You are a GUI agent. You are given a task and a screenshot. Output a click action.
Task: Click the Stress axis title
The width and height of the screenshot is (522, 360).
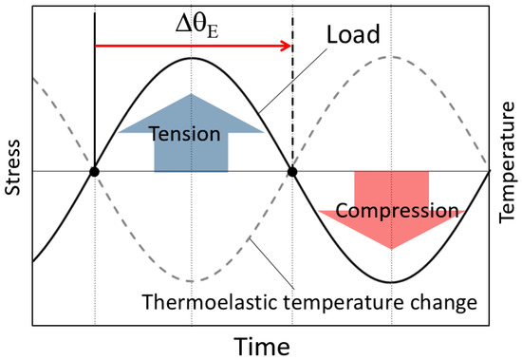click(12, 172)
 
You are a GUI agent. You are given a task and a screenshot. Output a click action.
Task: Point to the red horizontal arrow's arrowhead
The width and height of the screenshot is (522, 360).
click(285, 45)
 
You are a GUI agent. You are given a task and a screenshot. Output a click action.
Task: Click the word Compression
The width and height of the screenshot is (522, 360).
click(391, 210)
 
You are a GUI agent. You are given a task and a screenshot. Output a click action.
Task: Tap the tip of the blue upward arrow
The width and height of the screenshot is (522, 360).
click(192, 95)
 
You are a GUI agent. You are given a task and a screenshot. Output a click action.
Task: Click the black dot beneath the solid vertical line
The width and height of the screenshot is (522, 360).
click(94, 172)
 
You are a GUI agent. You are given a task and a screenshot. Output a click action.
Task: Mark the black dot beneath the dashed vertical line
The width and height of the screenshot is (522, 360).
click(292, 172)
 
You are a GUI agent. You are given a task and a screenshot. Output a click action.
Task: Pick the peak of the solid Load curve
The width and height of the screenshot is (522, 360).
click(193, 58)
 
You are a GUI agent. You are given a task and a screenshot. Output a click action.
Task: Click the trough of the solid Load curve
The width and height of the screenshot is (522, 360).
click(390, 282)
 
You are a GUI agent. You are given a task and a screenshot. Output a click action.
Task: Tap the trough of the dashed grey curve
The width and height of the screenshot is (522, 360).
click(193, 281)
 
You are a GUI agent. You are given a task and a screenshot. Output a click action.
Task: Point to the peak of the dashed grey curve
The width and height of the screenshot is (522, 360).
click(389, 58)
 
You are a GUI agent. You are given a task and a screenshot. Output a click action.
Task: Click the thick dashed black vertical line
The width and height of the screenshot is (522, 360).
click(292, 104)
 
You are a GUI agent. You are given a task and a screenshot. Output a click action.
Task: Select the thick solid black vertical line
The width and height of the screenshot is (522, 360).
click(94, 95)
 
